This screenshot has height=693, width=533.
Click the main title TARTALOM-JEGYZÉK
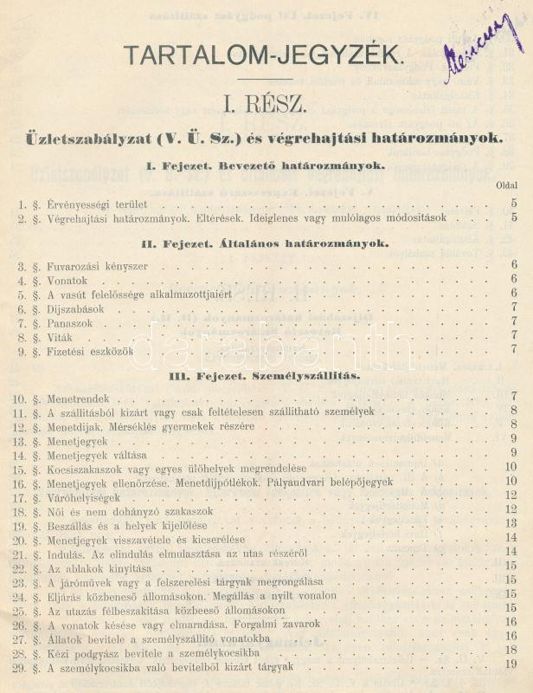click(263, 55)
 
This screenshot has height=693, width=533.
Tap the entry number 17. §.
click(26, 498)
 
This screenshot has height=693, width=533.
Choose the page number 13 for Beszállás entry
click(511, 523)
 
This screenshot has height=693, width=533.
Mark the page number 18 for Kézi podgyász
click(511, 650)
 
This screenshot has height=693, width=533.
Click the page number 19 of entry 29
click(511, 664)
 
